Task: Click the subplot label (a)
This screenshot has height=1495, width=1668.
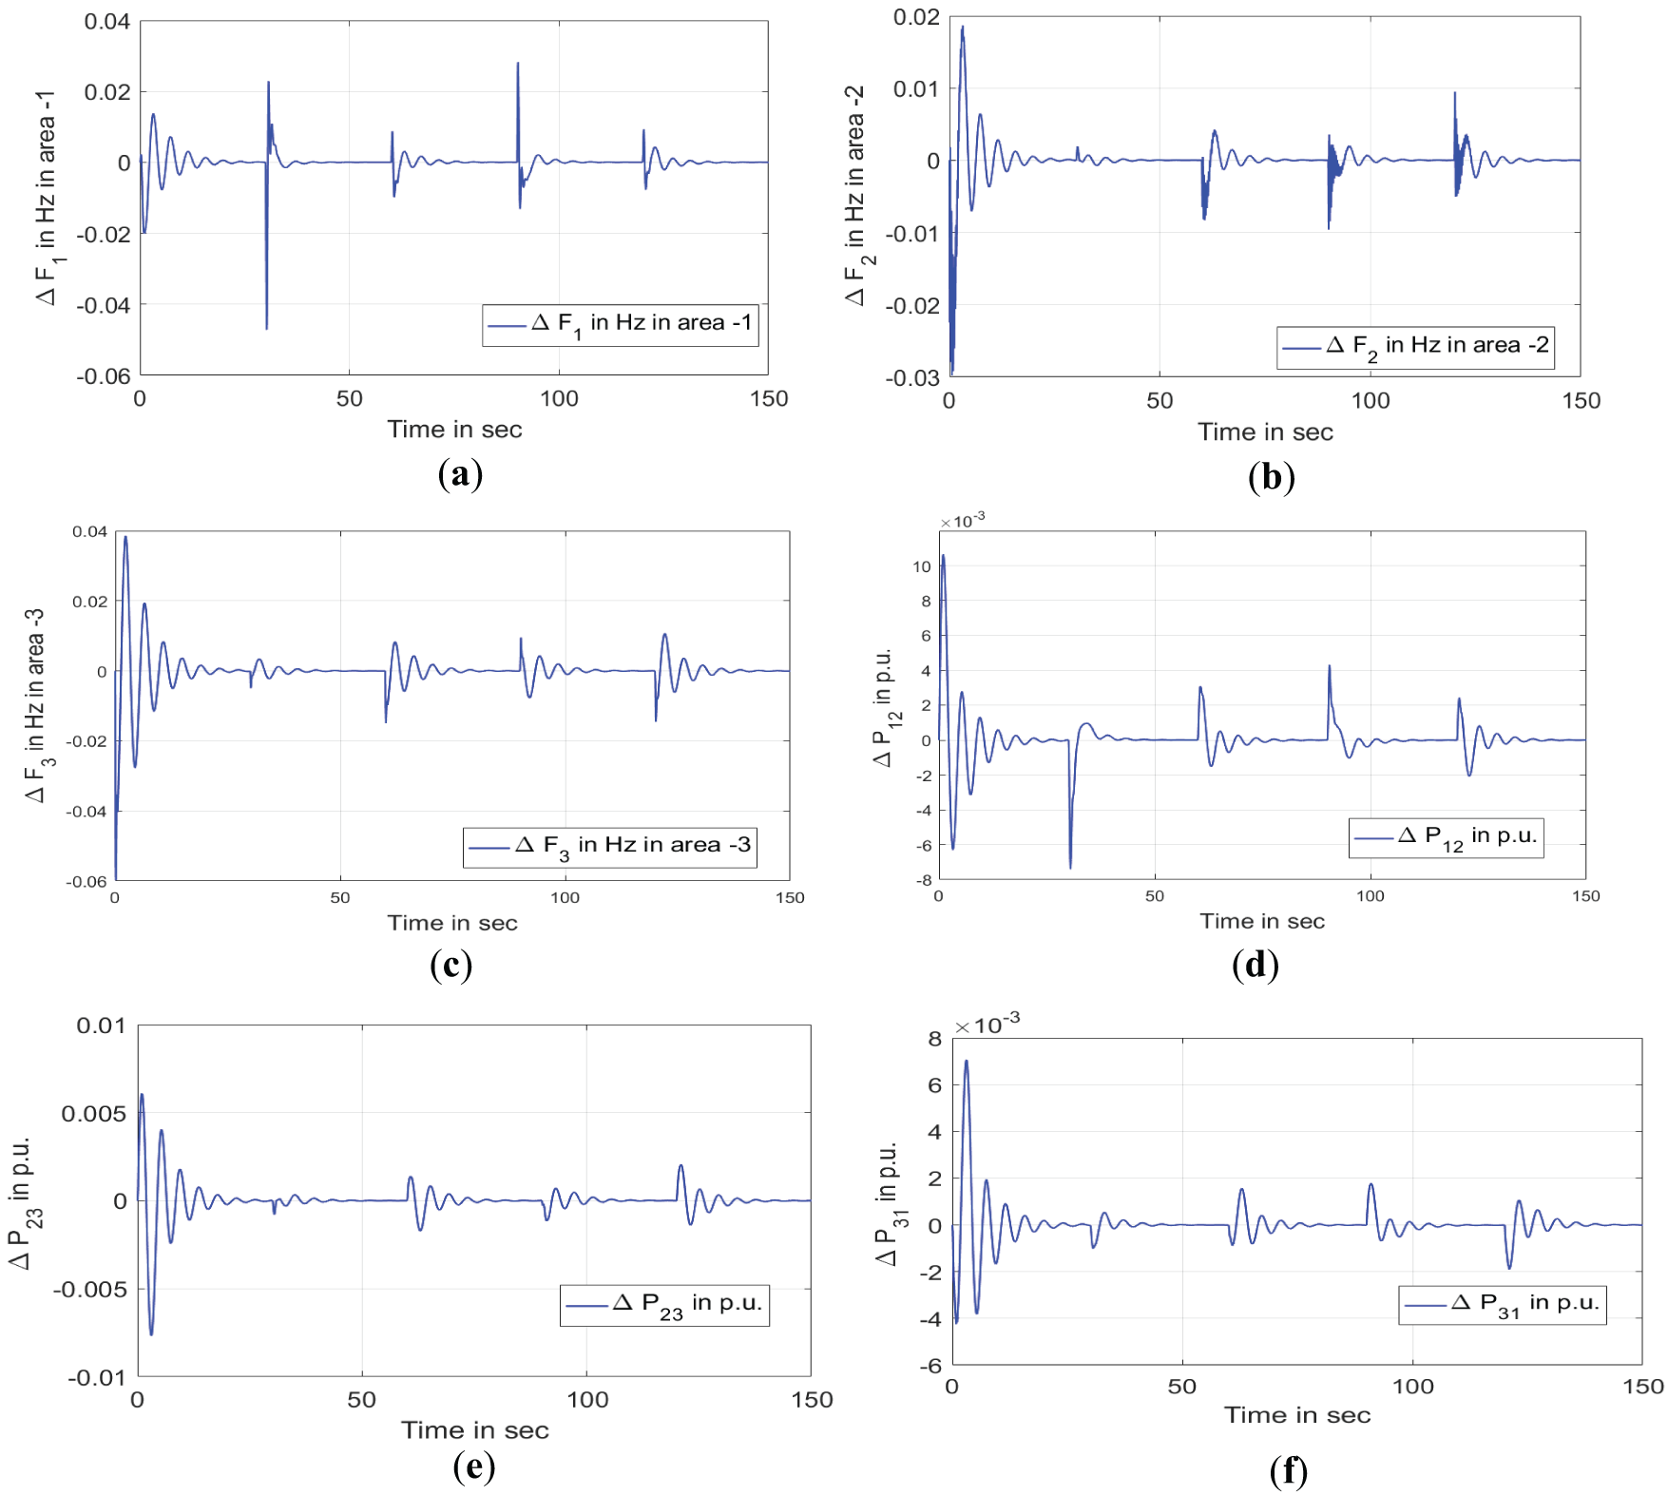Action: point(460,473)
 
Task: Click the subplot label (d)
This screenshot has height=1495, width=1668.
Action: point(1255,965)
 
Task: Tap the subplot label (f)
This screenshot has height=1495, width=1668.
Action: point(1288,1471)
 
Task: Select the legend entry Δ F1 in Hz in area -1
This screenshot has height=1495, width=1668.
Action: point(620,325)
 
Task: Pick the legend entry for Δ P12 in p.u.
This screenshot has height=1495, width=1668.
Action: point(1446,837)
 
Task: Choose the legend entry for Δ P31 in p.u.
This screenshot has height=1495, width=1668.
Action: point(1503,1304)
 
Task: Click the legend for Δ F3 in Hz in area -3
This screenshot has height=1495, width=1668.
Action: point(609,847)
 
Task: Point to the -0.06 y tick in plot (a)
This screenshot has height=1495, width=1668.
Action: point(104,376)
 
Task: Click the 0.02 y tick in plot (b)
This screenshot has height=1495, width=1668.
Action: point(916,17)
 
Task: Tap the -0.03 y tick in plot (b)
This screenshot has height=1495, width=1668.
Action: point(912,378)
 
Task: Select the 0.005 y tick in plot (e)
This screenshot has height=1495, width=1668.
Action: point(93,1114)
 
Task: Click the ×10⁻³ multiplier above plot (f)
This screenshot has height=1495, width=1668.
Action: point(987,1025)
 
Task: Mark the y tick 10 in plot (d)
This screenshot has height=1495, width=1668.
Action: point(922,567)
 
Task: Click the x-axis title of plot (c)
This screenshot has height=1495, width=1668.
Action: point(452,923)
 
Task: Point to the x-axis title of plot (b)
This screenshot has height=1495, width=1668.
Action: point(1265,432)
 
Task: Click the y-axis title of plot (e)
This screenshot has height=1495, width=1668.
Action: point(21,1201)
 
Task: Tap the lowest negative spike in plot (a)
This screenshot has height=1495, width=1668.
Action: point(266,328)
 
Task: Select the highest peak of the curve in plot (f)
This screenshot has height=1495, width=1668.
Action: point(967,1061)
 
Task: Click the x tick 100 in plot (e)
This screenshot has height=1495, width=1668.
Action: point(587,1399)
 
